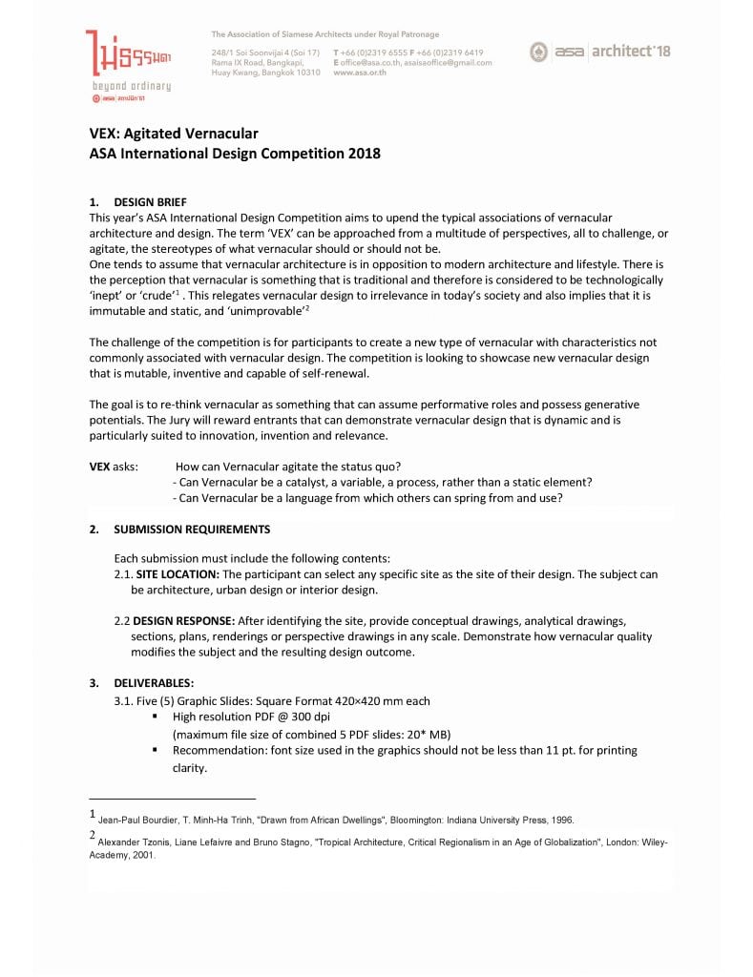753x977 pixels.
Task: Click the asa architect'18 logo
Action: (600, 51)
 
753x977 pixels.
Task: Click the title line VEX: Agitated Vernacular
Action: (174, 134)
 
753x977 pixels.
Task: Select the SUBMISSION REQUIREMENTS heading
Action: (191, 530)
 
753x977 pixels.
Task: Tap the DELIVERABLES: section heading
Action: (154, 683)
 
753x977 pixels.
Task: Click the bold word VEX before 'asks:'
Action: (99, 467)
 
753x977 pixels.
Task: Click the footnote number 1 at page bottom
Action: (92, 815)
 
